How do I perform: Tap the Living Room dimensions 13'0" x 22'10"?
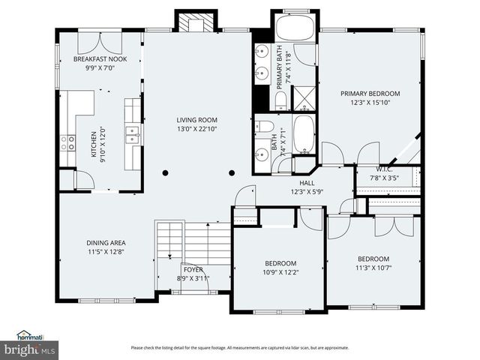click(196, 129)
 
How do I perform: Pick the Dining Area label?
click(106, 243)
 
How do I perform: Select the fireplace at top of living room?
click(196, 22)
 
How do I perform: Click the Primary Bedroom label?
click(370, 94)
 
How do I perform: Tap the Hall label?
click(307, 183)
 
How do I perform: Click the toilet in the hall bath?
click(264, 127)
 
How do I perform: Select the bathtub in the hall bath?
click(304, 134)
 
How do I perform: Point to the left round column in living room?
click(165, 173)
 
